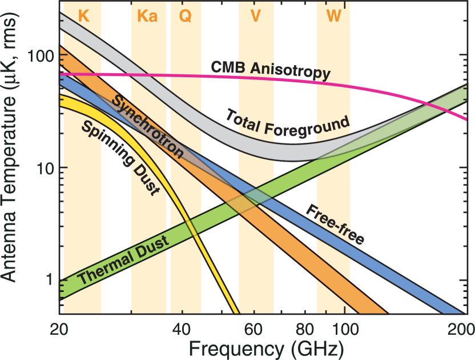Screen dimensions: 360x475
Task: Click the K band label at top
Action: [x=83, y=16]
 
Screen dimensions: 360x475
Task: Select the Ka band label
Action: [x=147, y=16]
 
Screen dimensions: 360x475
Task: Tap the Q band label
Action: [x=186, y=16]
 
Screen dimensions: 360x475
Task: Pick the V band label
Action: [x=256, y=16]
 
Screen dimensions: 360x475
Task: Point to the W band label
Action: [x=334, y=16]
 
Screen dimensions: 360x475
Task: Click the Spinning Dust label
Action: [x=119, y=158]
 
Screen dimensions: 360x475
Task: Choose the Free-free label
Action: [x=336, y=224]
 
